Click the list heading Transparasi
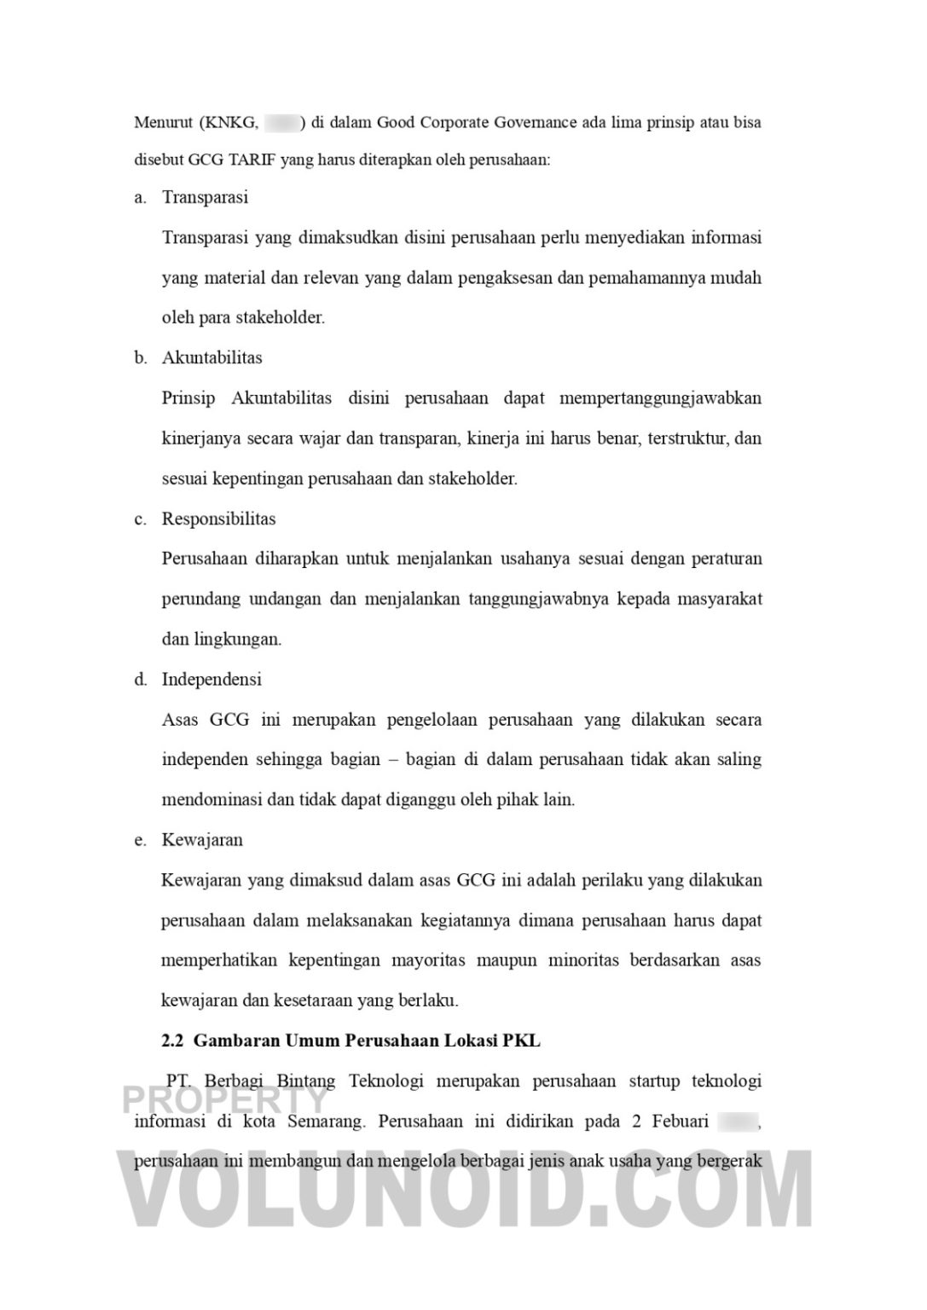pos(205,197)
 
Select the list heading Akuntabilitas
pos(211,357)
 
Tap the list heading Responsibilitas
pos(218,519)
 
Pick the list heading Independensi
pos(211,679)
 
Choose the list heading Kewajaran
pos(202,839)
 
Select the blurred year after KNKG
pos(281,122)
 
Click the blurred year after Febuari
pos(738,1121)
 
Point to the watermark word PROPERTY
pos(225,1099)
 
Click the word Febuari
pos(681,1121)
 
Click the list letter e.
pos(140,839)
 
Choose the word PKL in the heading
pos(521,1040)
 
